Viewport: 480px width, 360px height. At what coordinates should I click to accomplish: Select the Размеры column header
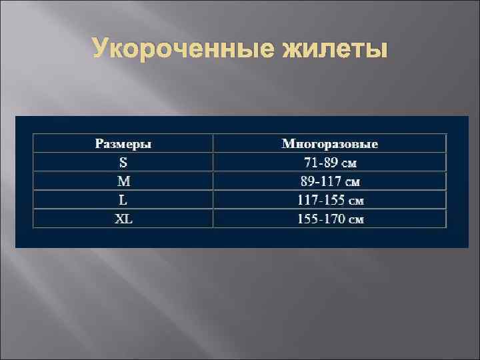coord(123,143)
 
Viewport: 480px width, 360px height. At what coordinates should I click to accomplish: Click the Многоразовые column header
coord(330,143)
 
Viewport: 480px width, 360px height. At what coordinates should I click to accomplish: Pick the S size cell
coord(123,162)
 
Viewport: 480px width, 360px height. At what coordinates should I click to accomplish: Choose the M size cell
coord(123,181)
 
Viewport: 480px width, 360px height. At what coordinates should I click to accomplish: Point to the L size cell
coord(123,199)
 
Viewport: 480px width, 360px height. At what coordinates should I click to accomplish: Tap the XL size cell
coord(123,218)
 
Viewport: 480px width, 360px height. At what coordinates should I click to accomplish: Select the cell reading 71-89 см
coord(330,162)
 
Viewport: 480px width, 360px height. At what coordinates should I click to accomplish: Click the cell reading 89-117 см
coord(330,181)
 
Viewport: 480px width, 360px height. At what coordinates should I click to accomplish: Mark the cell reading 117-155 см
coord(330,199)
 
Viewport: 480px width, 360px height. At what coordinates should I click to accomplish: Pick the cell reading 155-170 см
coord(330,218)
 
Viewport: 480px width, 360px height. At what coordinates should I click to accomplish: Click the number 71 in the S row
coord(310,162)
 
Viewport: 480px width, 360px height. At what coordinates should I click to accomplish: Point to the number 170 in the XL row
coord(335,218)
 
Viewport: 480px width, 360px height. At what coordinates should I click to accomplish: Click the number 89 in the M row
coord(307,181)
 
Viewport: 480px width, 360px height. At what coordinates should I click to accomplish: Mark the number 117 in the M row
coord(331,181)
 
